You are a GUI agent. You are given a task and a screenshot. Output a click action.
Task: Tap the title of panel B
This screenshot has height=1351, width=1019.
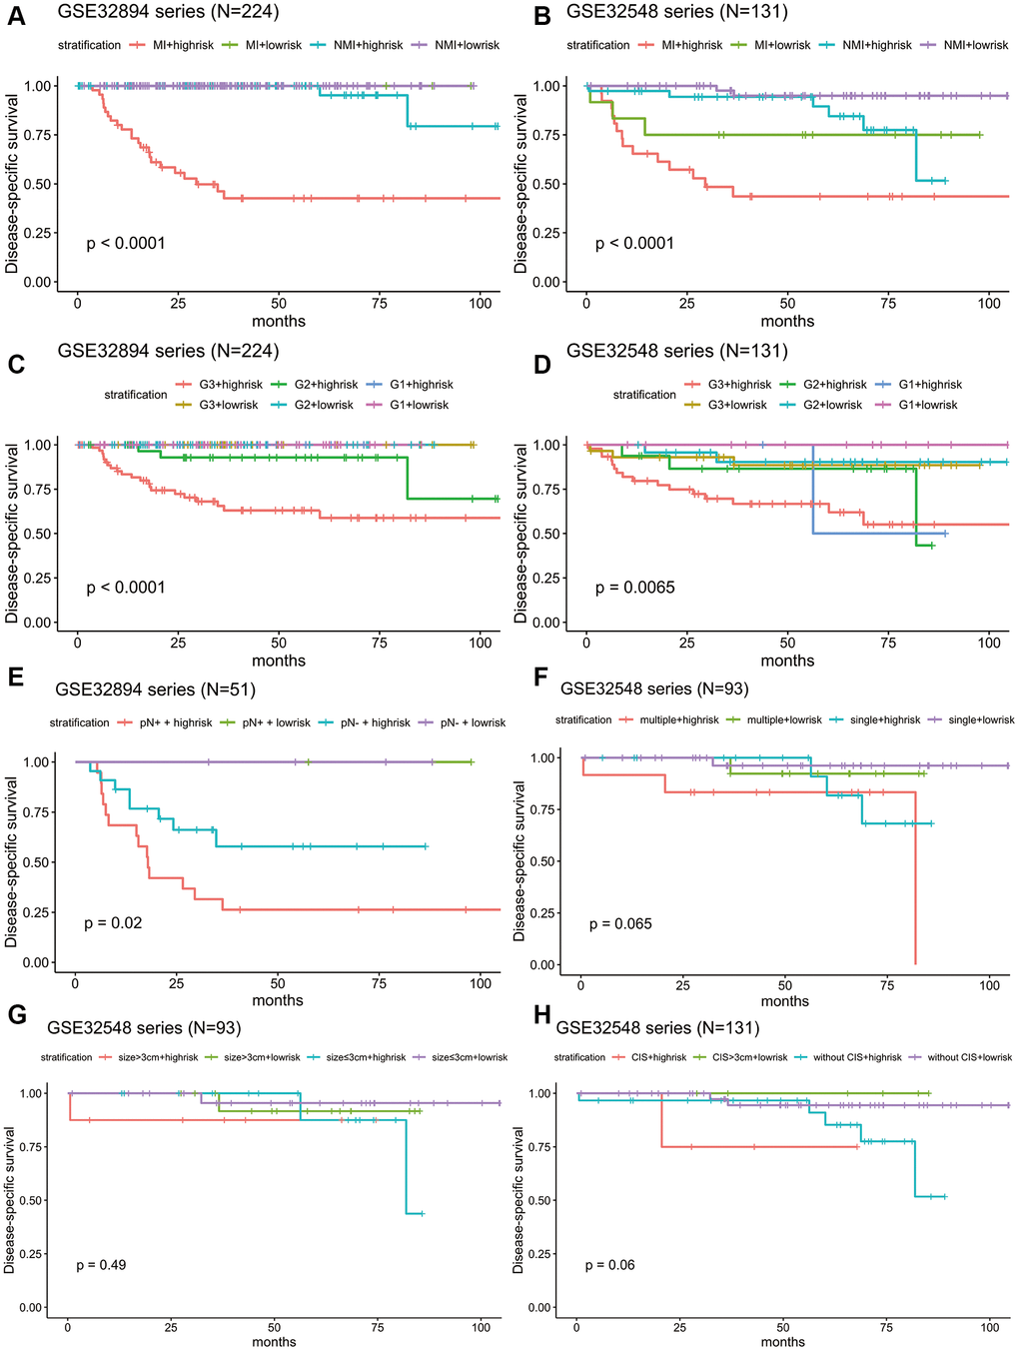pyautogui.click(x=676, y=12)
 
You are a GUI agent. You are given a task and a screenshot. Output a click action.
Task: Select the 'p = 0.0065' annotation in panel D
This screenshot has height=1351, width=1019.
pyautogui.click(x=634, y=588)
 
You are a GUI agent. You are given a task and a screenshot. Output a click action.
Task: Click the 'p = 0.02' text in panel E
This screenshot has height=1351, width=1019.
pyautogui.click(x=113, y=923)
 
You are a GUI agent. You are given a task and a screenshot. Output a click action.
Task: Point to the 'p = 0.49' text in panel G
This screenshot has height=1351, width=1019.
pyautogui.click(x=101, y=1265)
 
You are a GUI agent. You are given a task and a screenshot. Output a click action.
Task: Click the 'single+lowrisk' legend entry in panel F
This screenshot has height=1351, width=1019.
pyautogui.click(x=981, y=719)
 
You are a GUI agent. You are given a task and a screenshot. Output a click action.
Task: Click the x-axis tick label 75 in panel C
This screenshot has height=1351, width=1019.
pyautogui.click(x=380, y=643)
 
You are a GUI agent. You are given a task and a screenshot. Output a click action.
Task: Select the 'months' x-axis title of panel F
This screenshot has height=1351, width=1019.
pyautogui.click(x=784, y=1001)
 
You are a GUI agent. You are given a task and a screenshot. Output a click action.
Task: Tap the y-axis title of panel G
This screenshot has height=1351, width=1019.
pyautogui.click(x=10, y=1200)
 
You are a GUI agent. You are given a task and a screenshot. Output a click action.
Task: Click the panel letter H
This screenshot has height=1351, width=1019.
pyautogui.click(x=542, y=1017)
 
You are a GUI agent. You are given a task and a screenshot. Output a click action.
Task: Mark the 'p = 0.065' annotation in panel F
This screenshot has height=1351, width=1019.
pyautogui.click(x=620, y=924)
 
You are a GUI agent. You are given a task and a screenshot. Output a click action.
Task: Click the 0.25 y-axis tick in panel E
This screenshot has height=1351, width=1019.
pyautogui.click(x=38, y=912)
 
